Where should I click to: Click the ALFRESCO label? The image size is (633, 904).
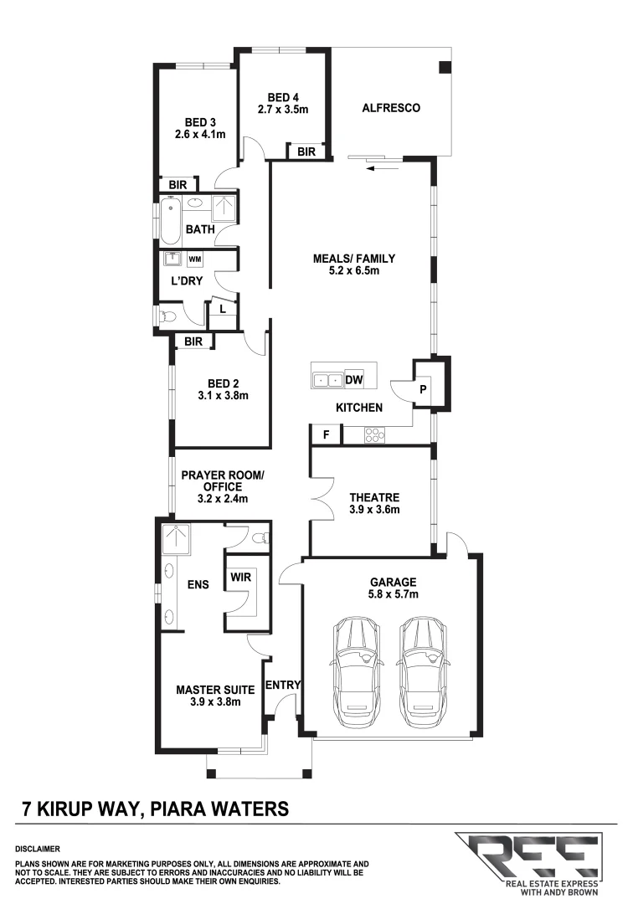[x=390, y=108]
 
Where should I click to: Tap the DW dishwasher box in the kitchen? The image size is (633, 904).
[x=353, y=379]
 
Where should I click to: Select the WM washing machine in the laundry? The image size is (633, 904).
[x=195, y=259]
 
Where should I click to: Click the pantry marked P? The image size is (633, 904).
[x=423, y=389]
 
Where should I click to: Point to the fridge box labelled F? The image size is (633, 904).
[x=326, y=434]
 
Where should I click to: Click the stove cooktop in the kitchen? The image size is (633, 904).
[x=373, y=434]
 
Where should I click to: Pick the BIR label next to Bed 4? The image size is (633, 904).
[x=306, y=152]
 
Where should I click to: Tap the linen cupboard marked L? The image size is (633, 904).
[x=222, y=309]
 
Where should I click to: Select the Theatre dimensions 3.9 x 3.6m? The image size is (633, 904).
[x=374, y=509]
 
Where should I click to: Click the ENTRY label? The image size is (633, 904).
[x=282, y=685]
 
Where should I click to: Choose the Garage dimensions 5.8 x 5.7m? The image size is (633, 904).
[x=392, y=593]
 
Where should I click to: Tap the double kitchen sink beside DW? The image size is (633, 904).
[x=327, y=379]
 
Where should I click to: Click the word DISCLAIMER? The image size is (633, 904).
[x=38, y=848]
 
